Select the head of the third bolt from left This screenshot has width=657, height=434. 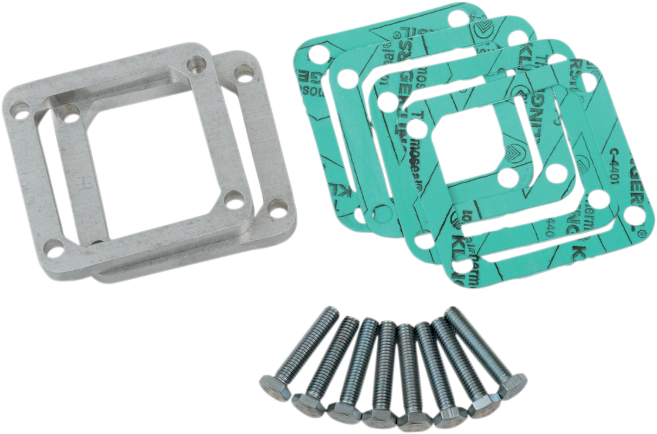344,411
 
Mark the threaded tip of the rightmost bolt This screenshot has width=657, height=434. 452,313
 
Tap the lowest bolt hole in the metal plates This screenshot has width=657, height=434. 54,251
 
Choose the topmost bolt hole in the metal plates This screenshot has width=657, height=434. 197,63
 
